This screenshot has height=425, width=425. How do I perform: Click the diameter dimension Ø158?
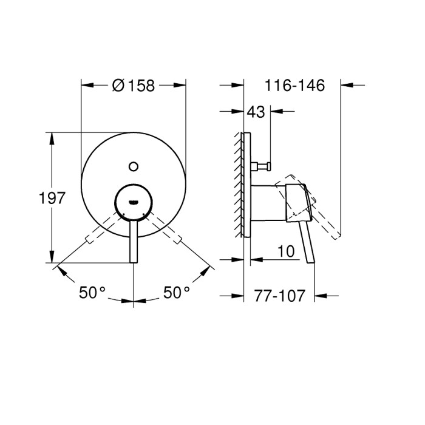tap(134, 86)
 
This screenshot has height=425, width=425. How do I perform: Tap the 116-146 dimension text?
tap(295, 86)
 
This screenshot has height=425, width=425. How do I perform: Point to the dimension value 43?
tap(257, 112)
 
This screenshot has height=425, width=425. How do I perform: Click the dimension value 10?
tap(287, 250)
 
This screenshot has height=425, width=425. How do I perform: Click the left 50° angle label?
tap(92, 293)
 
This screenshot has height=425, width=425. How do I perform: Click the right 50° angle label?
tap(177, 293)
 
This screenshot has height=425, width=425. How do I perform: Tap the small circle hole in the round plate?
tap(134, 164)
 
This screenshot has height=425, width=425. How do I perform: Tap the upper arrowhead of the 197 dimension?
tap(52, 137)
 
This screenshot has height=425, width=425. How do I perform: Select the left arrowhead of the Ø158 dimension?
tap(86, 86)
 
